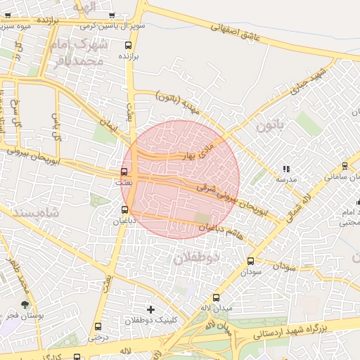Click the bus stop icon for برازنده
[x=127, y=45]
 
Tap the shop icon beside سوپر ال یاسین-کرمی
[x=112, y=15]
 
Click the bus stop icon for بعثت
[x=124, y=172]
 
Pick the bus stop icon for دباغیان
[x=125, y=210]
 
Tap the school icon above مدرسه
[x=285, y=169]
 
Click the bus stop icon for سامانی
[x=344, y=166]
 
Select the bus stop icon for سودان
[x=250, y=261]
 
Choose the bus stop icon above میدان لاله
[x=216, y=297]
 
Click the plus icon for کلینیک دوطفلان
[x=150, y=309]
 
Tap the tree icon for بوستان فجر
[x=25, y=305]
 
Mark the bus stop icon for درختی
[x=98, y=327]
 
